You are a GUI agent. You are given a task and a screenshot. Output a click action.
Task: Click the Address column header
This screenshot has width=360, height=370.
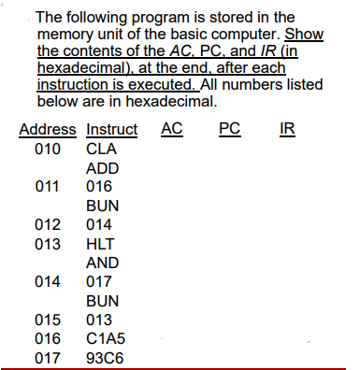[x=47, y=129]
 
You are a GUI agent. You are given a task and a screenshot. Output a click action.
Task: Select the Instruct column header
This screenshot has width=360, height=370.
[x=111, y=129]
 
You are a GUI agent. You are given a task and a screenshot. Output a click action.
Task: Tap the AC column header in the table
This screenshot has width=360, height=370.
[x=172, y=128]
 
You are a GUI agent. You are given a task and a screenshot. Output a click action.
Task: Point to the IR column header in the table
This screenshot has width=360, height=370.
[x=286, y=128]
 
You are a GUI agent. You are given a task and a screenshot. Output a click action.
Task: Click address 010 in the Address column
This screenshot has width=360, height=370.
[x=47, y=149]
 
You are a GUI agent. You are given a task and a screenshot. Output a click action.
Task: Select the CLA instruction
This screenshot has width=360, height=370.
[x=100, y=149]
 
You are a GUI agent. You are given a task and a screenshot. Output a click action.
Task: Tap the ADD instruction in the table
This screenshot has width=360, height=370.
[x=102, y=167]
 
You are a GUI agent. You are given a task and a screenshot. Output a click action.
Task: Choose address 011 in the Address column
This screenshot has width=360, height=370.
[x=47, y=186]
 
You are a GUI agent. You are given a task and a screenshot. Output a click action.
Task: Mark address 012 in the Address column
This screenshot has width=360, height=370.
[x=47, y=224]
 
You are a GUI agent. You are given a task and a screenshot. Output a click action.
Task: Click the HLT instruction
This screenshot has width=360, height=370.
[x=100, y=243]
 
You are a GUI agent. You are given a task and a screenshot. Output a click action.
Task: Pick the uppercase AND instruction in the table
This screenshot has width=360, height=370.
[x=102, y=263]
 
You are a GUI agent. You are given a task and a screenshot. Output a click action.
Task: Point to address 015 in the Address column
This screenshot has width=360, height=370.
[x=47, y=320]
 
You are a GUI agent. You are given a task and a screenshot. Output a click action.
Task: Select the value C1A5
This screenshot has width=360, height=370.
[x=106, y=338]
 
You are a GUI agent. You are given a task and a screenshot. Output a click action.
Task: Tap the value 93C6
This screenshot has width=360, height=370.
[x=106, y=357]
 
